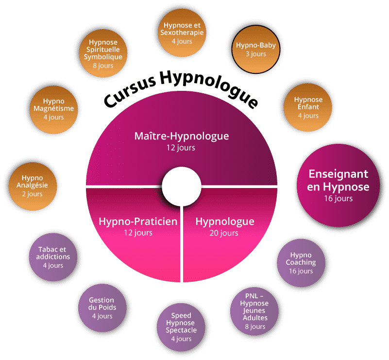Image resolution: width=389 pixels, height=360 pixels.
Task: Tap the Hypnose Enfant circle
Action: pos(308,107)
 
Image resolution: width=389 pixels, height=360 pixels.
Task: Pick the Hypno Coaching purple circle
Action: pos(303,262)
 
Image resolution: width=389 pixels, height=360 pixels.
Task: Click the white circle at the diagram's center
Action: pos(181,187)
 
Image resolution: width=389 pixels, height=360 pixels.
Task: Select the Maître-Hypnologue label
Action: pos(181,136)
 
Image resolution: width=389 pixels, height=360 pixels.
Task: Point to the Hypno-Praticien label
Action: pos(138,222)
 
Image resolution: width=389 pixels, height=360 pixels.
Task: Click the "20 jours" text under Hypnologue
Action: pos(224,233)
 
